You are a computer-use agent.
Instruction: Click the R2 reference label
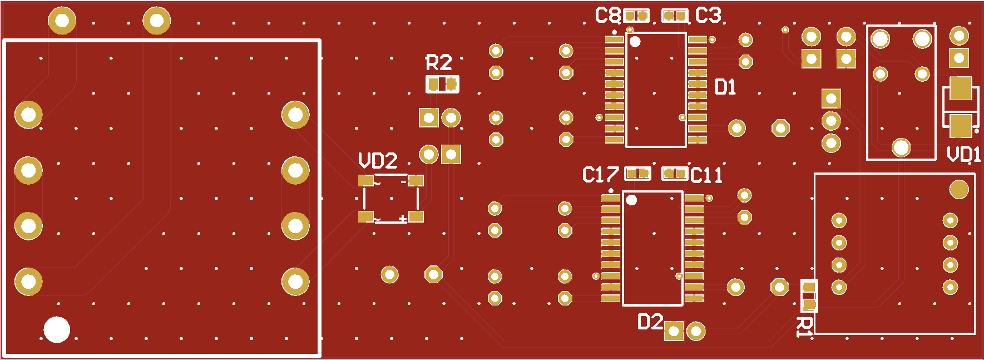[439, 63]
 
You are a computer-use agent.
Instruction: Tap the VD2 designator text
[378, 161]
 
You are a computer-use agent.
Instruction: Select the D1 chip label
[725, 87]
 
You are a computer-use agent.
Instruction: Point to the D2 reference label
[650, 322]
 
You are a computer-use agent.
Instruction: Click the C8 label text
[607, 16]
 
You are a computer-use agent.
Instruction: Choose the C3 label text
[709, 16]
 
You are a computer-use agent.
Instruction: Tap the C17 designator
[600, 175]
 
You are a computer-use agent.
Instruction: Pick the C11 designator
[706, 176]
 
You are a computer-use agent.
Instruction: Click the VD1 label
[964, 154]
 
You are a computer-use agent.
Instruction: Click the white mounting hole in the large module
[57, 329]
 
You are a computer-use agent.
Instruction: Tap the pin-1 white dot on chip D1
[635, 41]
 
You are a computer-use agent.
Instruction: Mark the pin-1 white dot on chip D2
[631, 200]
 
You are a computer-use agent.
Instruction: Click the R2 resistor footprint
[443, 85]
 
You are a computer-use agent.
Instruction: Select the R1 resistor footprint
[809, 295]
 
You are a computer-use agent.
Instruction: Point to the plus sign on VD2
[403, 219]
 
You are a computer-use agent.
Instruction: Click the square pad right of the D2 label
[674, 331]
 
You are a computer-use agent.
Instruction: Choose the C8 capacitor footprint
[636, 16]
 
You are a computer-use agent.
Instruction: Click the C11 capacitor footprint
[675, 174]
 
